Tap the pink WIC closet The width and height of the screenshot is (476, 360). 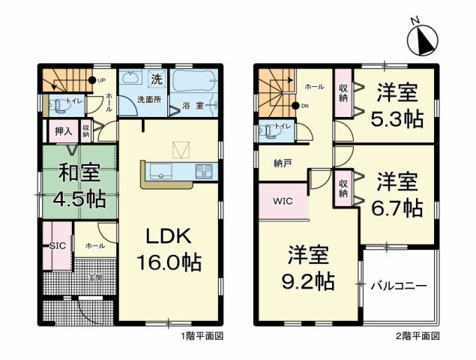[283, 201]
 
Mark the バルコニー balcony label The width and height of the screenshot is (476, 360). [400, 286]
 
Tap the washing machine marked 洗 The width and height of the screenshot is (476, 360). [156, 78]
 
